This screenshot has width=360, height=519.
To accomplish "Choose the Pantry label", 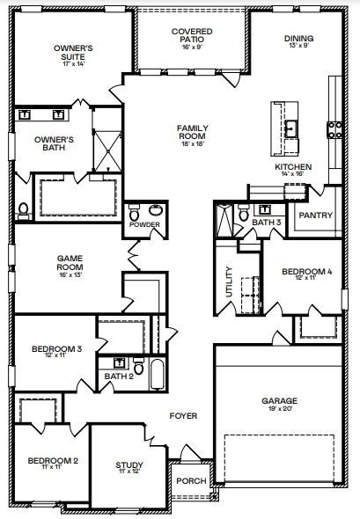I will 314,215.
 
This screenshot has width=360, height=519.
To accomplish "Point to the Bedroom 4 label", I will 306,274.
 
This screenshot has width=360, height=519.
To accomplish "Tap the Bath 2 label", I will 118,376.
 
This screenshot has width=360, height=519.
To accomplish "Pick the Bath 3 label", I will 267,223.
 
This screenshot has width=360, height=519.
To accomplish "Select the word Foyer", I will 184,415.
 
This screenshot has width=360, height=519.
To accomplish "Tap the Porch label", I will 191,480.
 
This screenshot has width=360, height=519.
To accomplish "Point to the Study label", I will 129,467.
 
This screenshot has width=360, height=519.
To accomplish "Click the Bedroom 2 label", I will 52,462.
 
